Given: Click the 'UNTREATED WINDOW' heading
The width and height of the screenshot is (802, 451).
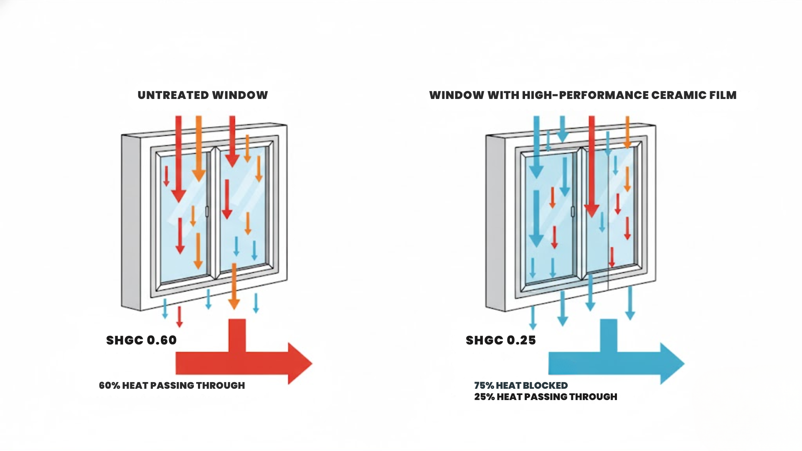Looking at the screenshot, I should tap(203, 95).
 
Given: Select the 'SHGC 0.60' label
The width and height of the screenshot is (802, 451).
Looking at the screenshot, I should tap(141, 340).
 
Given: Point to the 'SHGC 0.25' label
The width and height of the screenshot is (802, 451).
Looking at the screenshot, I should tap(500, 340).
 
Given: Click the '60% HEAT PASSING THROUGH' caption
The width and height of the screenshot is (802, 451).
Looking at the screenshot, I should tap(172, 385).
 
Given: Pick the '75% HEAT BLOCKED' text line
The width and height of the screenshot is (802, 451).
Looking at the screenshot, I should tap(520, 385).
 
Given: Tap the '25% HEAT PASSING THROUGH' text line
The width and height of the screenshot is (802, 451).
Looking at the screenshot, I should tap(545, 397).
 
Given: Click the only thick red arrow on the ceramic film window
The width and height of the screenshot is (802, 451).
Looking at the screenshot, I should tap(591, 167).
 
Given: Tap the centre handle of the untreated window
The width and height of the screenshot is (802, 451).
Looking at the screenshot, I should tap(207, 211).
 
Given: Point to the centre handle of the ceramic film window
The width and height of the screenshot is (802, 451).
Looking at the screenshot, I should tap(572, 211).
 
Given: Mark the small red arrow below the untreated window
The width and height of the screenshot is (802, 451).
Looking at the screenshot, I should tap(179, 317).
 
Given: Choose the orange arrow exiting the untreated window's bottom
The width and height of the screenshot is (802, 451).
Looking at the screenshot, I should tap(234, 288).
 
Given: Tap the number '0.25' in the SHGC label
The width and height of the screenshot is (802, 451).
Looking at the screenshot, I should tap(520, 340).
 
